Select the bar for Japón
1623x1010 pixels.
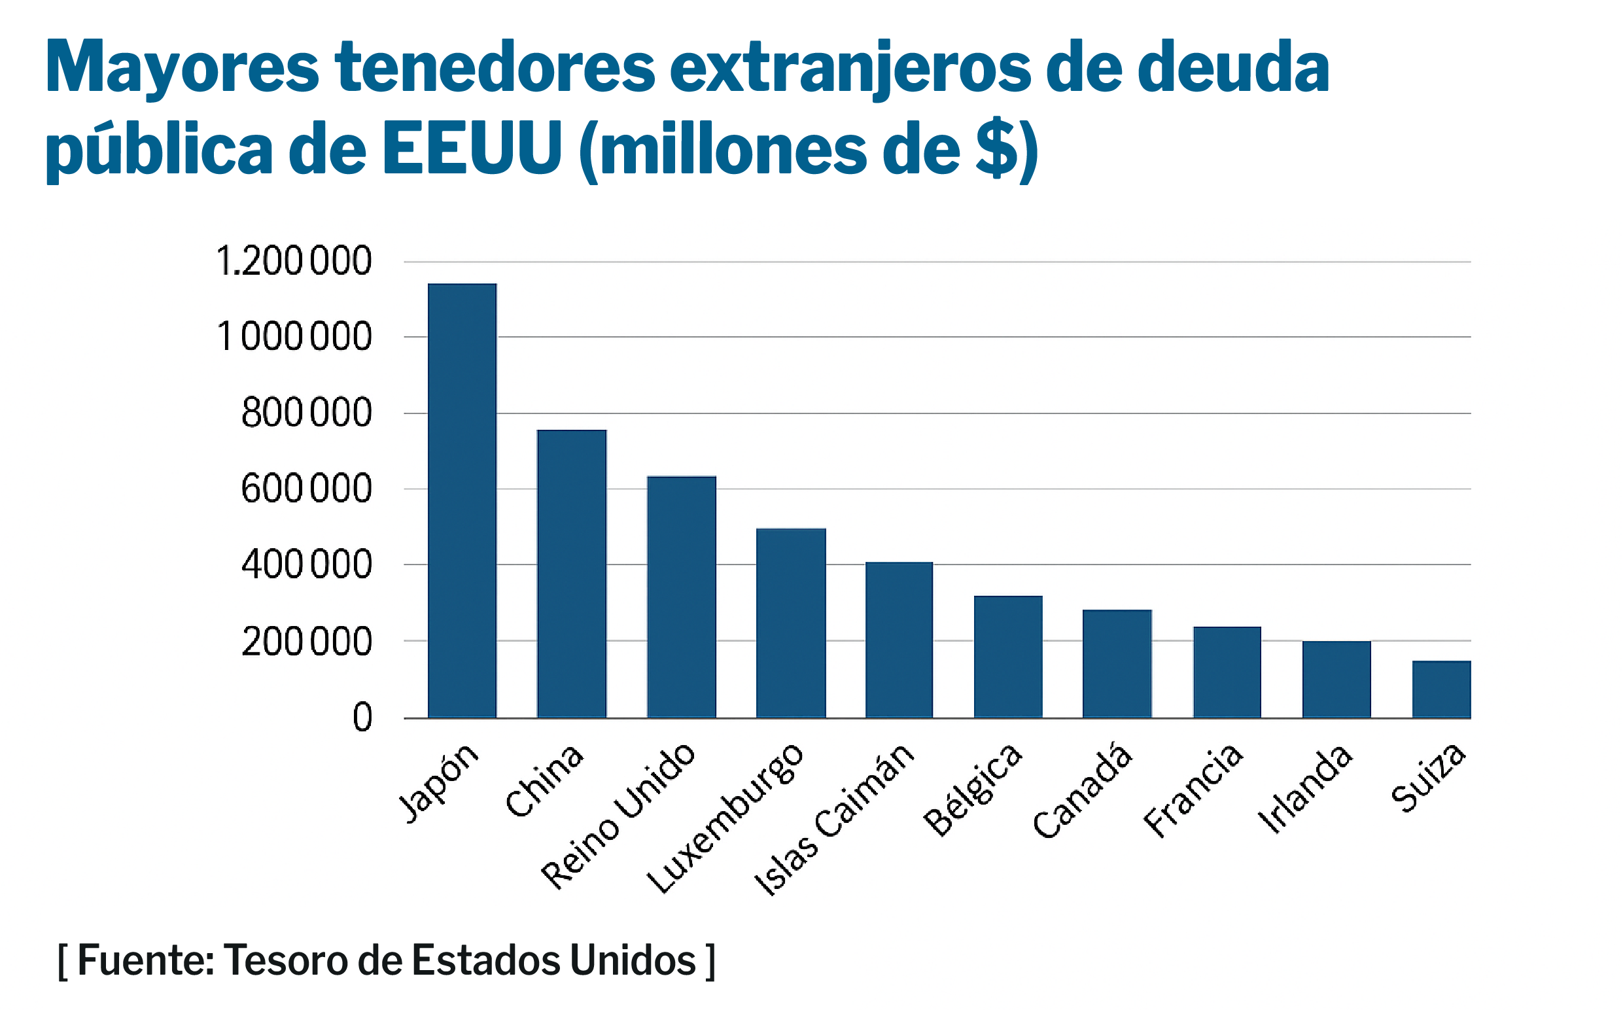tap(462, 501)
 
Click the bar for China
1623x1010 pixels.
tap(572, 574)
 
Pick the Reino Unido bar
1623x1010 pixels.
tap(681, 597)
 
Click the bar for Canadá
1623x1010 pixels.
tap(1117, 664)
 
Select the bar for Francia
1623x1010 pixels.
tap(1227, 672)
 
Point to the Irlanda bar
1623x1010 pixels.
tap(1336, 680)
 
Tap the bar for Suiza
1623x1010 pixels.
tap(1441, 689)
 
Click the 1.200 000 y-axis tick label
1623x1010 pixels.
tap(294, 261)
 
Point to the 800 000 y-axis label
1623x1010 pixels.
tap(306, 413)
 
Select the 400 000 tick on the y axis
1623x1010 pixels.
tap(306, 565)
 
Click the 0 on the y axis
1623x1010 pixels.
tap(362, 718)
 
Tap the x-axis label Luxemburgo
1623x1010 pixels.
tap(727, 818)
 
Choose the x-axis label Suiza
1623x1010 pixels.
tap(1428, 778)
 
